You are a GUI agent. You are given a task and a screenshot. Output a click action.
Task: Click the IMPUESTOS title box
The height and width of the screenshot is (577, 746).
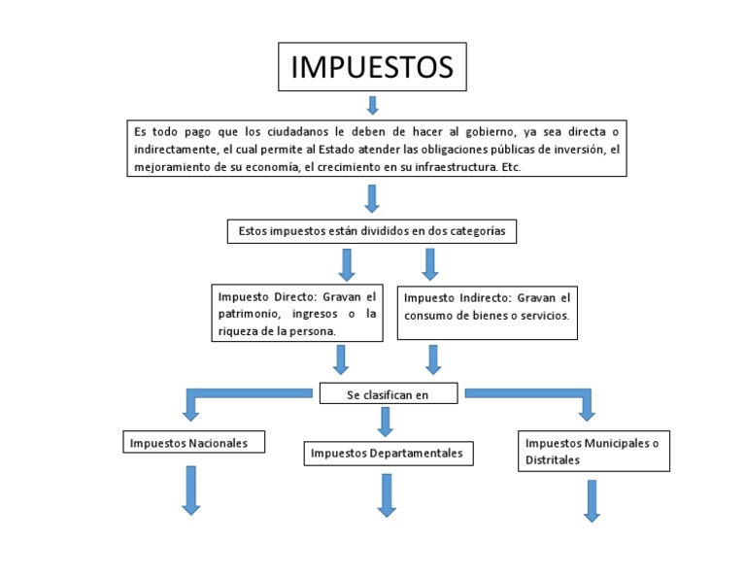[x=372, y=68]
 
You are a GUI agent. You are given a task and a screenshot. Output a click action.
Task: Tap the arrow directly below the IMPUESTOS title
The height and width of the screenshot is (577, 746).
[x=372, y=104]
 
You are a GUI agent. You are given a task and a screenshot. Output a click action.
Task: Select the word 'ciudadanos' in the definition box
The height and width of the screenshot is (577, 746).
[x=302, y=131]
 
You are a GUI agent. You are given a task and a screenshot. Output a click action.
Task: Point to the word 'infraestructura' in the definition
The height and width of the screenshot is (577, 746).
[x=457, y=167]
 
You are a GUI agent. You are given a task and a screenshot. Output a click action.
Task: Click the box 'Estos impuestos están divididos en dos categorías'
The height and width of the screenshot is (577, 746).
[x=371, y=231]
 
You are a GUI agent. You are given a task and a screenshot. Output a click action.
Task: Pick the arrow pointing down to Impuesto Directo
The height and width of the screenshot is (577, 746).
[x=347, y=264]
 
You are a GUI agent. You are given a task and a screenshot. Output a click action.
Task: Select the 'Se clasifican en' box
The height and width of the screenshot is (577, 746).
[x=388, y=394]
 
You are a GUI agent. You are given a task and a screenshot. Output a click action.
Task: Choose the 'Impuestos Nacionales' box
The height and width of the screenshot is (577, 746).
[x=185, y=443]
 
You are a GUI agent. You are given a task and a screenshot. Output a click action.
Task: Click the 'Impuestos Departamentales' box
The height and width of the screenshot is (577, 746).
[x=387, y=454]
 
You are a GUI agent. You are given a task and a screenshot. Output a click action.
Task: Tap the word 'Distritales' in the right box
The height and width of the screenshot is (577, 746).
[x=553, y=459]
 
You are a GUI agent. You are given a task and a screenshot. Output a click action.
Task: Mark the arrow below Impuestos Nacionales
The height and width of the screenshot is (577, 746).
[x=190, y=490]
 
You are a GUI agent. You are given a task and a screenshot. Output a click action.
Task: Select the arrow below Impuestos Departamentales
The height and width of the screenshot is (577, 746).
[x=388, y=495]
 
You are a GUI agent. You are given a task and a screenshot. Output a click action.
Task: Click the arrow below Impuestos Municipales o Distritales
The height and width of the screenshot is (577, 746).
[x=592, y=500]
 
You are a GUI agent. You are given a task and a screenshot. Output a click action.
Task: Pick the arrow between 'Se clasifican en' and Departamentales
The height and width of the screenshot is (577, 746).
[x=386, y=422]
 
